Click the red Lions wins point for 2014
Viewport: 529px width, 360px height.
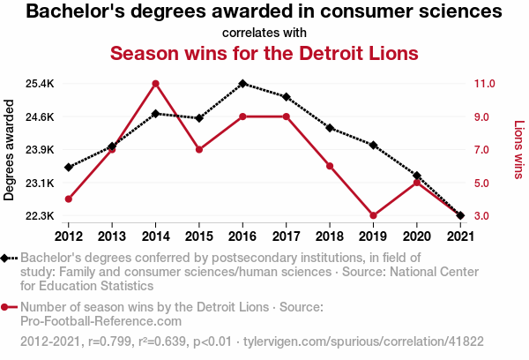(x=155, y=84)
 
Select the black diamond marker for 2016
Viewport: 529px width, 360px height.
(x=242, y=84)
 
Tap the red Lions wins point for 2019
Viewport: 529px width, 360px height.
(x=373, y=215)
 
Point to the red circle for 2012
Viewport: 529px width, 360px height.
(x=69, y=199)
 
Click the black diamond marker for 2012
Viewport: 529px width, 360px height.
(x=69, y=167)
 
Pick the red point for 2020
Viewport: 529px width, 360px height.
(x=416, y=183)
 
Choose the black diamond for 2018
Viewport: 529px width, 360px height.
(x=330, y=128)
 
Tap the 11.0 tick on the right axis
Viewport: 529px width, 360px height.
(x=489, y=84)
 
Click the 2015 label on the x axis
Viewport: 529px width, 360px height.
(x=199, y=236)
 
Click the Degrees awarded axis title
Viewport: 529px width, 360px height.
(x=10, y=150)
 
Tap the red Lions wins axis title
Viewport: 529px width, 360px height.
(x=519, y=150)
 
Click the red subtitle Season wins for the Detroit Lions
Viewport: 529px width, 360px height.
(x=264, y=53)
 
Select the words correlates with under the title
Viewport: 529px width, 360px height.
(x=264, y=33)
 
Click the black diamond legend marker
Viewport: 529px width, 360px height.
(x=7, y=258)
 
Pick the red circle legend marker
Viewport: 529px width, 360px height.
(x=7, y=307)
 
